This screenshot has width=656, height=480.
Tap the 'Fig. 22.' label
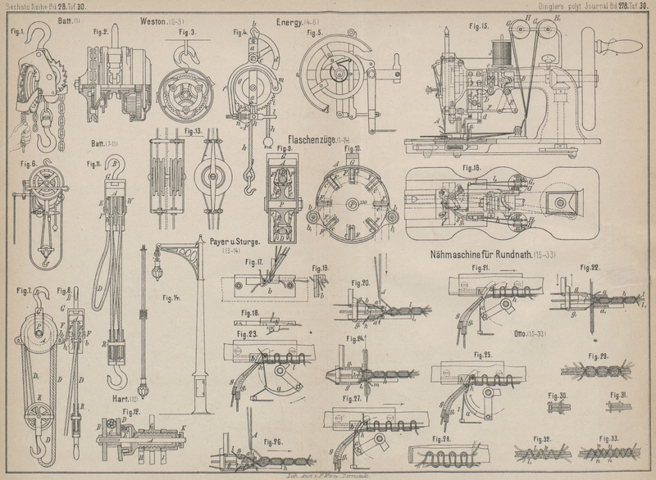tap(591, 266)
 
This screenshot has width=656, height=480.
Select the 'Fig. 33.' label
tap(608, 438)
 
